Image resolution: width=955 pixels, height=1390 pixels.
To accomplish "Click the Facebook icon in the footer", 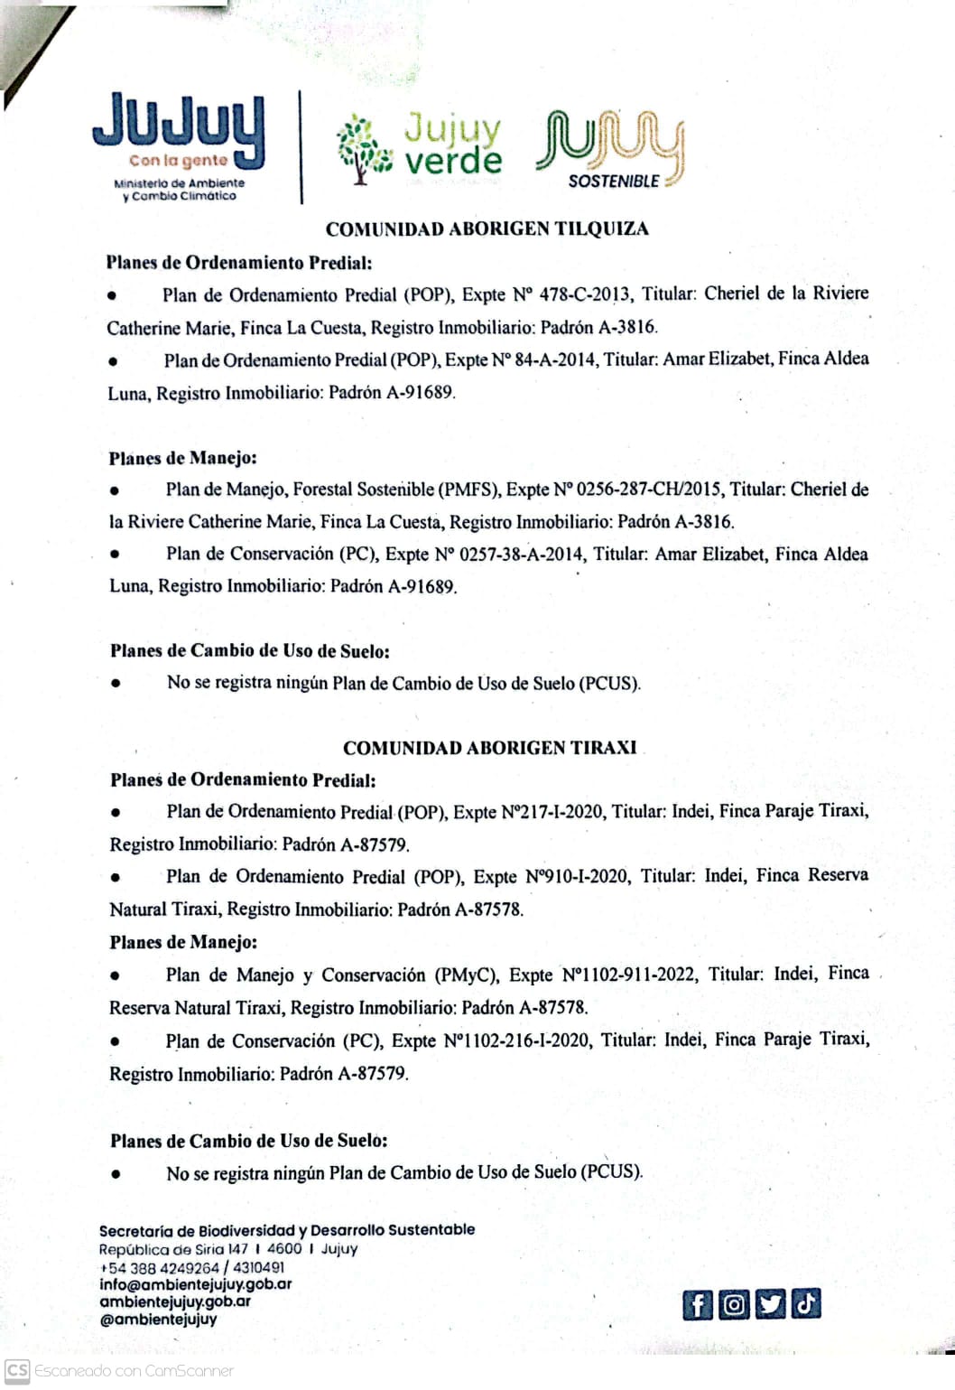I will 697,1304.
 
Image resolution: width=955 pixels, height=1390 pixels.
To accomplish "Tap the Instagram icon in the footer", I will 734,1304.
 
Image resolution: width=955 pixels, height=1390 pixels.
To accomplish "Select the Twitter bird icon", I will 769,1304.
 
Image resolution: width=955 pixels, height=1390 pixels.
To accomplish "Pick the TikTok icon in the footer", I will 805,1303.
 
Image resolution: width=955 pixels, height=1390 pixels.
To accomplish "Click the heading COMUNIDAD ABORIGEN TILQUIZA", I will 487,229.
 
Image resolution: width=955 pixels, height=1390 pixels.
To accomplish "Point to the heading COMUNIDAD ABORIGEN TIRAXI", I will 489,748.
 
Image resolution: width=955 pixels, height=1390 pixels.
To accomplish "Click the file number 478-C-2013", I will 586,294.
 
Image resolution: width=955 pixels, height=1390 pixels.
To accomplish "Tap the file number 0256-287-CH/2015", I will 648,490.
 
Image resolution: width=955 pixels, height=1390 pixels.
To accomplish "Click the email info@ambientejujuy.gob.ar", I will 195,1284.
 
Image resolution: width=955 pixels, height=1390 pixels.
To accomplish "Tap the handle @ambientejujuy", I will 158,1319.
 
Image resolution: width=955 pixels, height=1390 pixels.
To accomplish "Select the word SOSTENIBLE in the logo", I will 614,181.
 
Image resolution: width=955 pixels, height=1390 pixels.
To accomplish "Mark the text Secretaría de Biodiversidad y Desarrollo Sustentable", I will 286,1230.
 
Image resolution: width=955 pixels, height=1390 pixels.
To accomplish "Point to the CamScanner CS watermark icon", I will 17,1370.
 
